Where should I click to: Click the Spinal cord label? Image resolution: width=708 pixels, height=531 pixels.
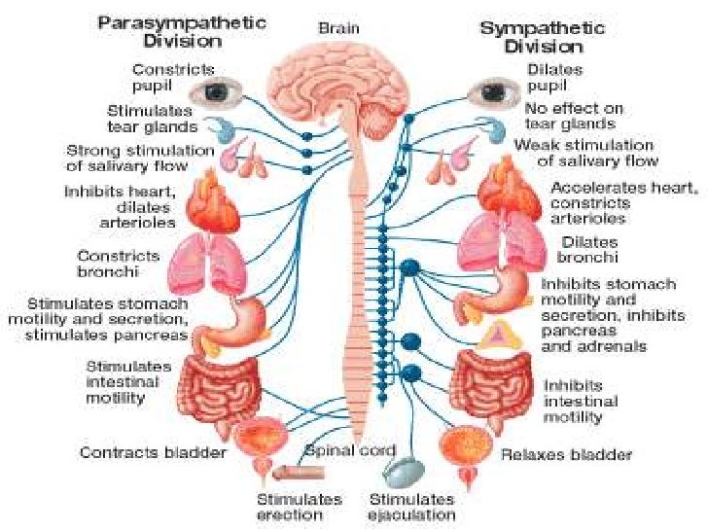[x=352, y=450]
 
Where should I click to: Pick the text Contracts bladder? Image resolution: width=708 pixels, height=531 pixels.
[x=153, y=452]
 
